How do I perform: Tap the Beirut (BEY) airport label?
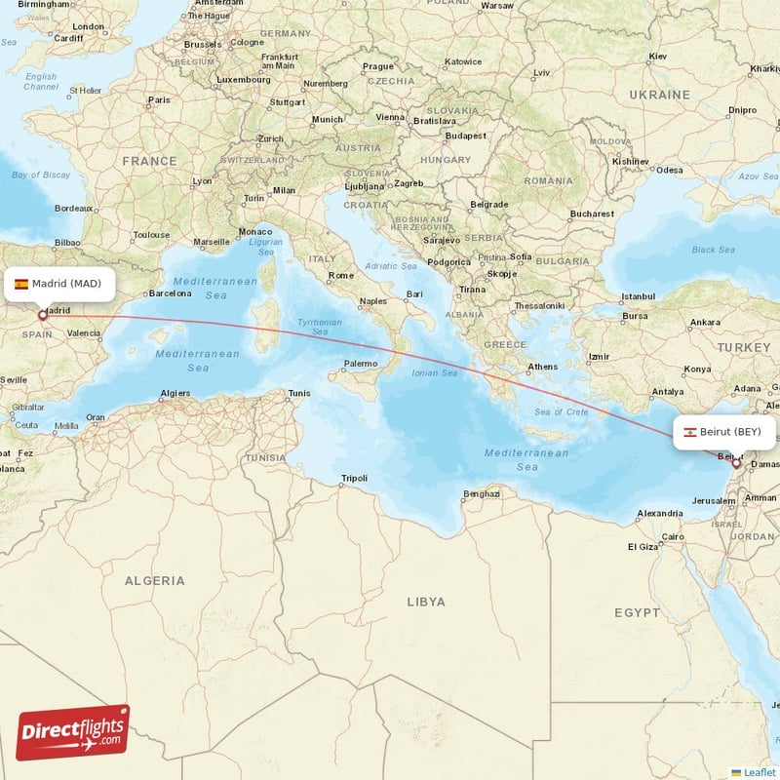724,431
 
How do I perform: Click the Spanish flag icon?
21,285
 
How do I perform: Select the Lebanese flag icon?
688,432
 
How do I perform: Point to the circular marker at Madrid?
43,315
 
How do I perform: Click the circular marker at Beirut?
736,464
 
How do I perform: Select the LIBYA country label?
426,602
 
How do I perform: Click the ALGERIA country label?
154,580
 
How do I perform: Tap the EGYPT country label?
637,612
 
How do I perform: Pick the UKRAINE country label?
659,95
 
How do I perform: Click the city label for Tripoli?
354,479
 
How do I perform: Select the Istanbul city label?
639,295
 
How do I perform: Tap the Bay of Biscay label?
41,175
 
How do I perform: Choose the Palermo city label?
360,364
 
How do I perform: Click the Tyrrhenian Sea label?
320,327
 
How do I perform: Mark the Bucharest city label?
592,214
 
